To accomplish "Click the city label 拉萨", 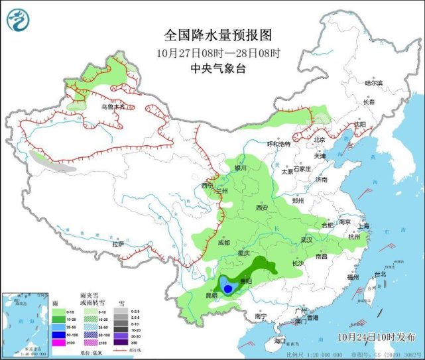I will click(x=118, y=244).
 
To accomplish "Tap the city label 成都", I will click(x=223, y=243).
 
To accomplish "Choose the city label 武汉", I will click(x=305, y=239).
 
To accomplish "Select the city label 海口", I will click(x=280, y=340).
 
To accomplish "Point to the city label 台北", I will click(x=380, y=274).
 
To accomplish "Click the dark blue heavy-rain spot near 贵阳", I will click(x=228, y=288).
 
